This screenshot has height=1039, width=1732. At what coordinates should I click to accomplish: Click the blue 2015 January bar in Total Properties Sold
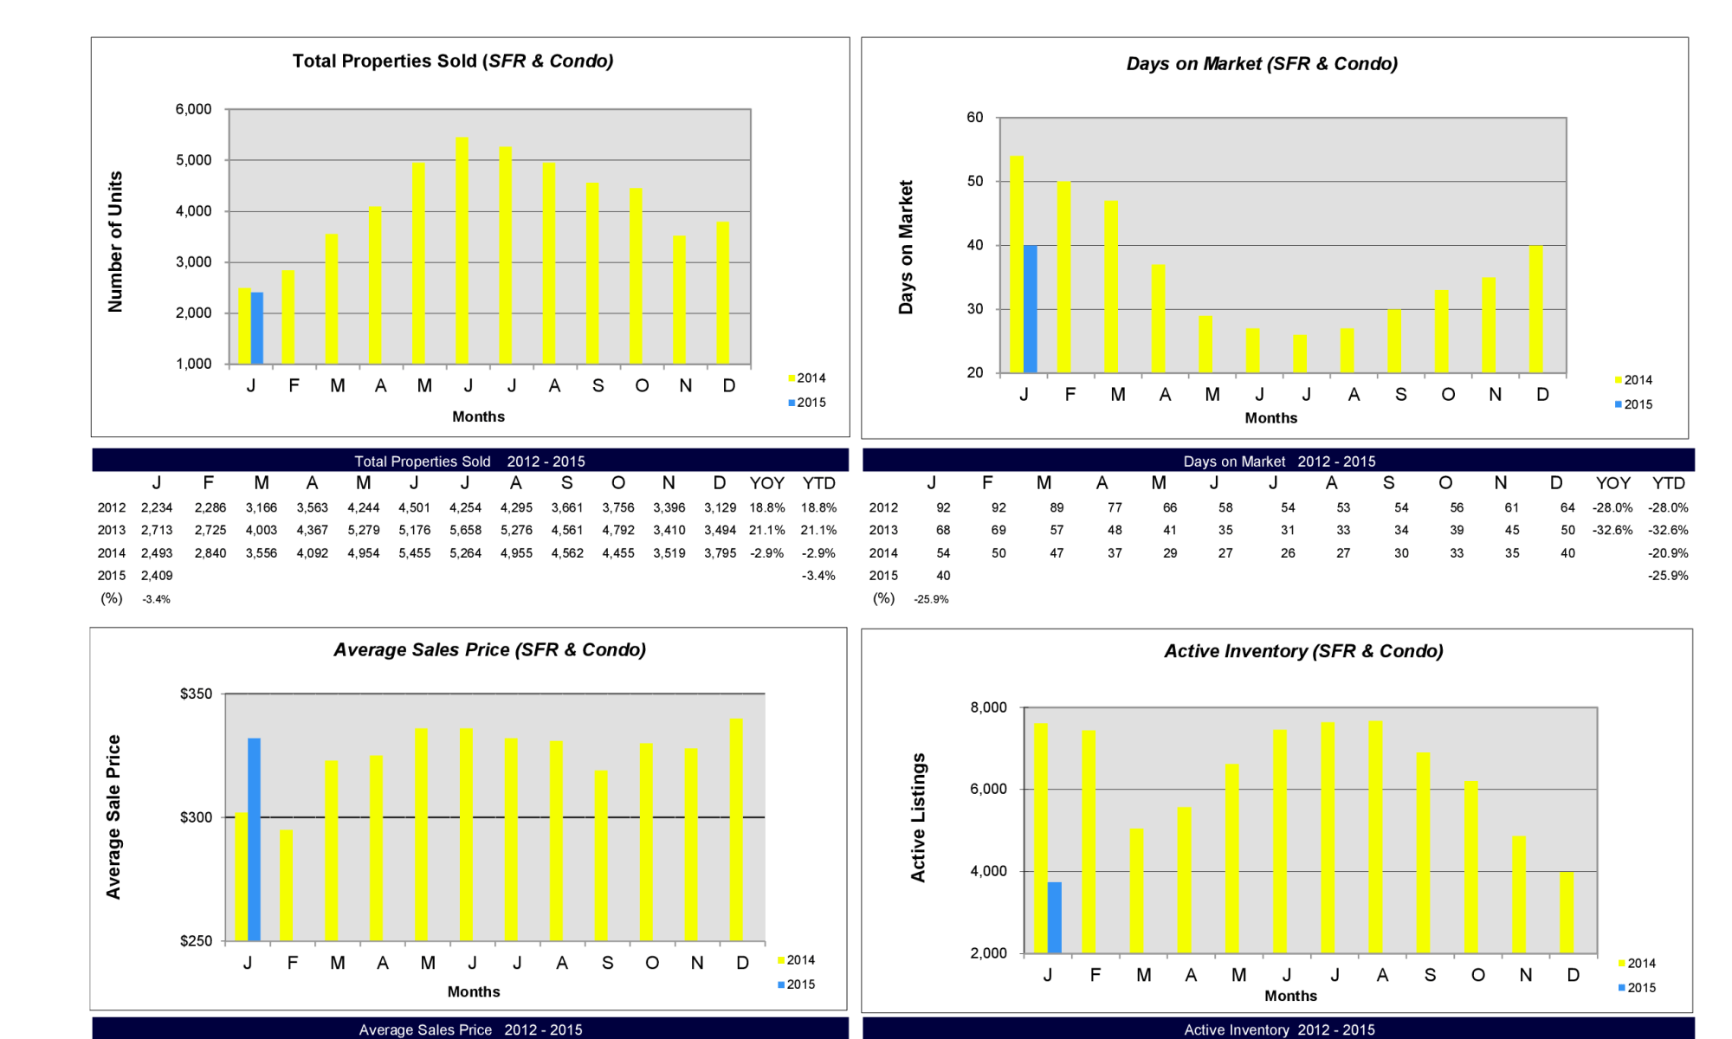click(257, 328)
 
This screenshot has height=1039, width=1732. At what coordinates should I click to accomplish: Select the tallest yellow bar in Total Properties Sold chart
click(462, 250)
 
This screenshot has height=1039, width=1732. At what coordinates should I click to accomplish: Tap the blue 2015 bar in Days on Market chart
click(1031, 309)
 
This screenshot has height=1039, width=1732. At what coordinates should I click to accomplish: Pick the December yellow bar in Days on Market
click(1536, 309)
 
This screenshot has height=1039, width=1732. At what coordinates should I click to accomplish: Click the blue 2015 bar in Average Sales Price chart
click(254, 839)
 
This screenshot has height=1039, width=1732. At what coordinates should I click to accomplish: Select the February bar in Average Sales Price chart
click(286, 885)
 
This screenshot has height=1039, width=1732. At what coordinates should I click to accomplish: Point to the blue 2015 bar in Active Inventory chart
click(1054, 918)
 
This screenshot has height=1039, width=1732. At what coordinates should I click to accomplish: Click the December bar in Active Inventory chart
click(1567, 913)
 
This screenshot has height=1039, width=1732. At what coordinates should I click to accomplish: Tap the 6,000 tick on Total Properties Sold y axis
click(194, 109)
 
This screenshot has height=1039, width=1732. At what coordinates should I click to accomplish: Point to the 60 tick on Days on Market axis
click(975, 118)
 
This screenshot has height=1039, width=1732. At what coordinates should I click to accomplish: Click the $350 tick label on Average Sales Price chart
click(196, 694)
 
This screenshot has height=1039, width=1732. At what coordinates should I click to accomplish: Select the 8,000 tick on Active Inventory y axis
click(989, 708)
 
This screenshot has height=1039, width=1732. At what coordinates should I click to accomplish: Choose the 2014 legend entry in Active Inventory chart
click(1637, 964)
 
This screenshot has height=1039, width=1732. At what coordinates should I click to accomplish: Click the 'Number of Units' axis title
click(115, 242)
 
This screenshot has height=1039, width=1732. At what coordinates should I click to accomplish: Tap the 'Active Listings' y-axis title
click(918, 817)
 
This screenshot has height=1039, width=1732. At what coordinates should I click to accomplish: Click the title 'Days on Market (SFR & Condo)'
click(1262, 64)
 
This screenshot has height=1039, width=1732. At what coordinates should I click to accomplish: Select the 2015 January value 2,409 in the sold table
click(157, 575)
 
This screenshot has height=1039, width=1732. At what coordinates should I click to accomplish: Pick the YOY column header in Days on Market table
click(1613, 483)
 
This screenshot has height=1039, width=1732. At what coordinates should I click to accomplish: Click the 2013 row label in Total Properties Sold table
click(111, 530)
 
